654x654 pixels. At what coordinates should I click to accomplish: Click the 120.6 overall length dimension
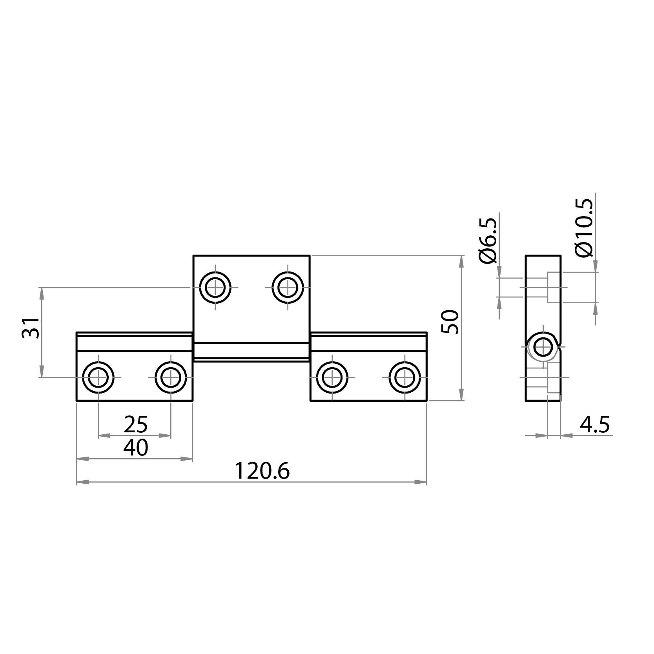click(262, 472)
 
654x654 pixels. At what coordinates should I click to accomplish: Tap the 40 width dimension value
click(136, 448)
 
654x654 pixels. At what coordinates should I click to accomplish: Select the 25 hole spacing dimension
click(136, 424)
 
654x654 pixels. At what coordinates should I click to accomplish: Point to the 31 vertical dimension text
click(31, 328)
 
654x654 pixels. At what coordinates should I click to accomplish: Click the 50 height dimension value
click(450, 322)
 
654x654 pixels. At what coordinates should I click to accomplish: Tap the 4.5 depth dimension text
click(595, 425)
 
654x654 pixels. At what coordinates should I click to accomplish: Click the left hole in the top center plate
click(215, 288)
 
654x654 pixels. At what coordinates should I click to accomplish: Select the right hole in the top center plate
click(288, 288)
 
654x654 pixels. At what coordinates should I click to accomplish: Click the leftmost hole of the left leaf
click(98, 377)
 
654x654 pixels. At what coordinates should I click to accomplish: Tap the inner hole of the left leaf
click(171, 377)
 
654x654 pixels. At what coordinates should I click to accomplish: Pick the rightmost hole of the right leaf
click(404, 377)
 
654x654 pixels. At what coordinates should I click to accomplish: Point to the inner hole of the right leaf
click(332, 377)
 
